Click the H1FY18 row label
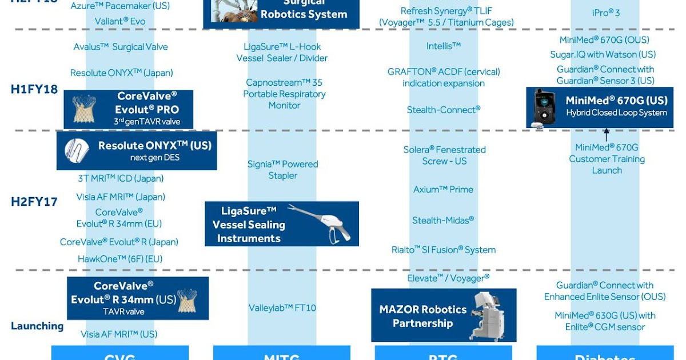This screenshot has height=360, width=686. (34, 90)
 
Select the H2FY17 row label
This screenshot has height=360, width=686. (34, 202)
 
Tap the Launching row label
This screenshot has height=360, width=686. (37, 326)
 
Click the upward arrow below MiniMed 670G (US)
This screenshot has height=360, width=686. (607, 135)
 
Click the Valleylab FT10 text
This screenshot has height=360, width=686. (282, 308)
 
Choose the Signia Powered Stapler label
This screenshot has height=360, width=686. (282, 170)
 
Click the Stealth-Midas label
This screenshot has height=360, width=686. (443, 221)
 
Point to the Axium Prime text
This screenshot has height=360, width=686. (443, 190)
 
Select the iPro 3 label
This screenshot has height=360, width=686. (606, 12)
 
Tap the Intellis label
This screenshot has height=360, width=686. (443, 46)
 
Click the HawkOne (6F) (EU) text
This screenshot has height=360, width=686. (120, 259)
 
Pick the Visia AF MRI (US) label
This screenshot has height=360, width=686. (119, 334)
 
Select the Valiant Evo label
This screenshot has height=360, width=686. (120, 22)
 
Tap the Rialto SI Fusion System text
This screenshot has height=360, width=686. (443, 250)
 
